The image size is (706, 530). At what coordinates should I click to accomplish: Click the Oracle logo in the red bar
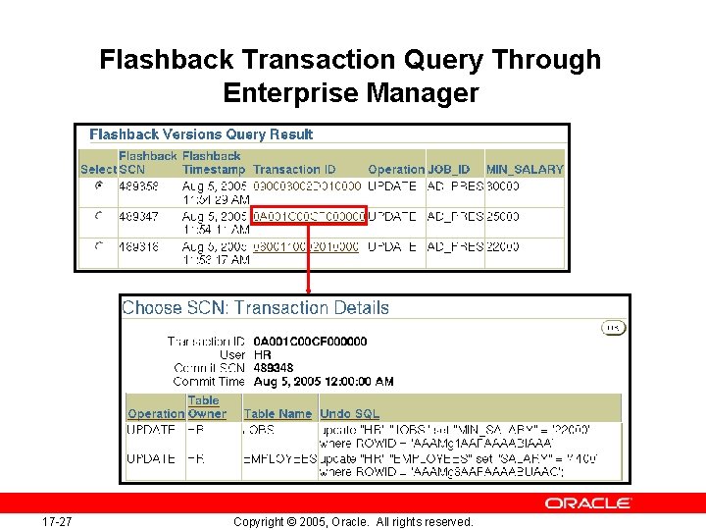(588, 503)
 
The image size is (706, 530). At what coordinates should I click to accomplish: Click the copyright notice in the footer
(353, 521)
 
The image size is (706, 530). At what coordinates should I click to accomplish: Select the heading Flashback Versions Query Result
(201, 134)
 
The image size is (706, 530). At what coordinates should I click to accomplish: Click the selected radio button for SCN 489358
(97, 185)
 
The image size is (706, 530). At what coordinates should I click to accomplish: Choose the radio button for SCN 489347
(97, 216)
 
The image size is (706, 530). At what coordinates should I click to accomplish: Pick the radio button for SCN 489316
(97, 247)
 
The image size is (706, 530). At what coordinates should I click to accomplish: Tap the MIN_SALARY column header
(525, 169)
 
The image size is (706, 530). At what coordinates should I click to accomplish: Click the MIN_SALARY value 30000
(504, 185)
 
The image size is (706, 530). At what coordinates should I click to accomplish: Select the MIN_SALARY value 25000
(504, 216)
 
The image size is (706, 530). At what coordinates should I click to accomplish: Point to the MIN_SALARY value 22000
(504, 247)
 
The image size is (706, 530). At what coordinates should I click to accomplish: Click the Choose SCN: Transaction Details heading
(255, 308)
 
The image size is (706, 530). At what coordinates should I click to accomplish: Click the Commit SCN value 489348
(273, 368)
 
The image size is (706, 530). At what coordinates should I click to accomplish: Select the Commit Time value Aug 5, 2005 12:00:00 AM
(323, 381)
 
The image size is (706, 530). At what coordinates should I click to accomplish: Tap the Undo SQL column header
(350, 414)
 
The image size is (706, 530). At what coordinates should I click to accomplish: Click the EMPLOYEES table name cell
(280, 458)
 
